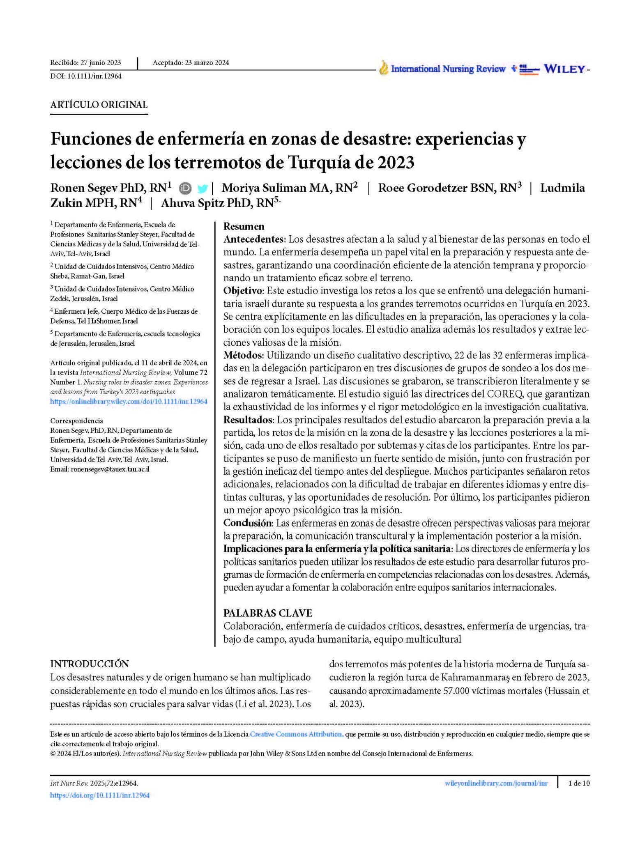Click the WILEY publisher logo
click(564, 69)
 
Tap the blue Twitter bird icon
click(202, 188)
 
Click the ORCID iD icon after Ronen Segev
click(185, 188)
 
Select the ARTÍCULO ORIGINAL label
click(99, 105)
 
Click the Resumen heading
click(244, 226)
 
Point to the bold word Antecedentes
click(253, 239)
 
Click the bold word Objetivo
click(243, 291)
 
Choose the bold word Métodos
click(242, 355)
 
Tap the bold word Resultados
click(248, 420)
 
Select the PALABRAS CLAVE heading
click(267, 613)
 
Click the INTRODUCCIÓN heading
click(90, 664)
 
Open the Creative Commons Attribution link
click(296, 734)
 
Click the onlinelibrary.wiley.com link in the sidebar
click(129, 402)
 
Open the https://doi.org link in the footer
click(100, 795)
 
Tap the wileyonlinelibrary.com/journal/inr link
click(496, 783)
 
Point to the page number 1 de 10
click(579, 783)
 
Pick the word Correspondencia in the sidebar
click(77, 420)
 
